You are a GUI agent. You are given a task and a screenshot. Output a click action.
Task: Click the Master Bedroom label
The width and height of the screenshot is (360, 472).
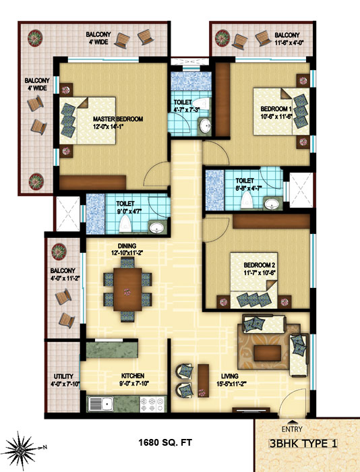(x=118, y=119)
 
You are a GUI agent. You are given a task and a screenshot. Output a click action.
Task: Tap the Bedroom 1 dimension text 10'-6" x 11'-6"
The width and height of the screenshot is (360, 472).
(x=276, y=117)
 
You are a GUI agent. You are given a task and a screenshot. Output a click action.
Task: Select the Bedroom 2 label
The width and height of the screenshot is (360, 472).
(x=259, y=265)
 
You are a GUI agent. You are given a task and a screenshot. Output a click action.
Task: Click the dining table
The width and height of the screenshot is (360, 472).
(x=127, y=289)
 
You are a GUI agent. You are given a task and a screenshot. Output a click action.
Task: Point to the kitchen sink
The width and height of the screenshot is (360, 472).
(x=100, y=404)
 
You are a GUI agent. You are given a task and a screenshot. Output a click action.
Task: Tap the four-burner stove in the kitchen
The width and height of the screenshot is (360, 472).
(x=152, y=404)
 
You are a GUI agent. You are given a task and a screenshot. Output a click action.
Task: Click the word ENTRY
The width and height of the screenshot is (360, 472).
(x=292, y=430)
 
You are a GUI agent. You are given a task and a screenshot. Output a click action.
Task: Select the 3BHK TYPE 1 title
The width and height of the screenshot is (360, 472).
(x=303, y=444)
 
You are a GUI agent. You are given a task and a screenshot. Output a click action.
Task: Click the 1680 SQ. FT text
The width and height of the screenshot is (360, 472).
(x=165, y=442)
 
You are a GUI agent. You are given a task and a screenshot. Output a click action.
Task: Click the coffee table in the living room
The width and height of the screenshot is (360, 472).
(x=267, y=353)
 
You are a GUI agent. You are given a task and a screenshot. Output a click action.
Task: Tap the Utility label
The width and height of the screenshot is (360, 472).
(x=63, y=376)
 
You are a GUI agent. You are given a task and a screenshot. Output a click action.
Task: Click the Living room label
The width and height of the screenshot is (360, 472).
(x=230, y=376)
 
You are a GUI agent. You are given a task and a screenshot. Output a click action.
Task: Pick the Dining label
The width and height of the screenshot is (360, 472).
(x=127, y=246)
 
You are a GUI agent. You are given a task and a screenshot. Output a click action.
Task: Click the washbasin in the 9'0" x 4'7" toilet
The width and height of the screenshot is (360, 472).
(x=156, y=228)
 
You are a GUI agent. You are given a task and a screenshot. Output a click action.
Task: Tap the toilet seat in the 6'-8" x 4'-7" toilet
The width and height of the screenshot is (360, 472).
(x=246, y=200)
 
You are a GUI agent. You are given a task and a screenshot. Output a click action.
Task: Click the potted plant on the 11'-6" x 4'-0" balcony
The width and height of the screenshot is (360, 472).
(x=222, y=38)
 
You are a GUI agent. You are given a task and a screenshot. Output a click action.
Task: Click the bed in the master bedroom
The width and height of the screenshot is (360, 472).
(x=88, y=121)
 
